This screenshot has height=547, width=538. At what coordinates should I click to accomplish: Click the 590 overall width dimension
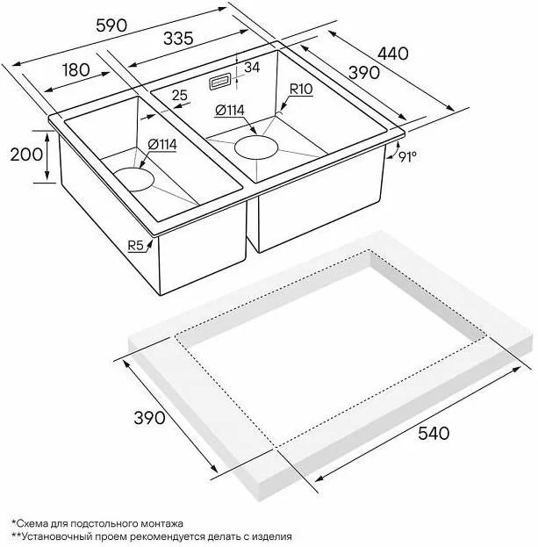pos(111,25)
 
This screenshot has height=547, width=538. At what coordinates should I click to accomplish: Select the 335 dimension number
pos(178,39)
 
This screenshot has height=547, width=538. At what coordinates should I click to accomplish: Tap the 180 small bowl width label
pos(75,69)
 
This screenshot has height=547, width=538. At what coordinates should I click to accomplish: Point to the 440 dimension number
pos(392,54)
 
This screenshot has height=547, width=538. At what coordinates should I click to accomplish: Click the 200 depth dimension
pos(26,155)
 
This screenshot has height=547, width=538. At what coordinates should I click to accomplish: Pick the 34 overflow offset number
pos(252,67)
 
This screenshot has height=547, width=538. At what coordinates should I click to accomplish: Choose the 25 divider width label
pos(180,95)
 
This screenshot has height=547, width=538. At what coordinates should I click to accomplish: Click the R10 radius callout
pos(301,90)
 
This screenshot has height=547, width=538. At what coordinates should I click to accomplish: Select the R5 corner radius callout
pos(136,246)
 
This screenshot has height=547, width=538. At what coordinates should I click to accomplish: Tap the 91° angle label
pos(407,157)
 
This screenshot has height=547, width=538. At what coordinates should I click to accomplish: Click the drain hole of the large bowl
pos(256,148)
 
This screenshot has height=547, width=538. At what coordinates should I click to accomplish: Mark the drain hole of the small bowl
pos(133,180)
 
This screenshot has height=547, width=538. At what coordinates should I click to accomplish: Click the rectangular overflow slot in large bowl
pos(219,83)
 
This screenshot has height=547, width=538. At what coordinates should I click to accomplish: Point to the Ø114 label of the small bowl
pos(161,144)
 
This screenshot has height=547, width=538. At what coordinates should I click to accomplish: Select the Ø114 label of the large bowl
pos(230,111)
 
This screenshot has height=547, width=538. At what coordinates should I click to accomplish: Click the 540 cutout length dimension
pos(434,433)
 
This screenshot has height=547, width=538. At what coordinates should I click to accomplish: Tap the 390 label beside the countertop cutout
pos(149,418)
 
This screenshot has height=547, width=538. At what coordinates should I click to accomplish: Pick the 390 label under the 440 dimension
pos(364,73)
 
